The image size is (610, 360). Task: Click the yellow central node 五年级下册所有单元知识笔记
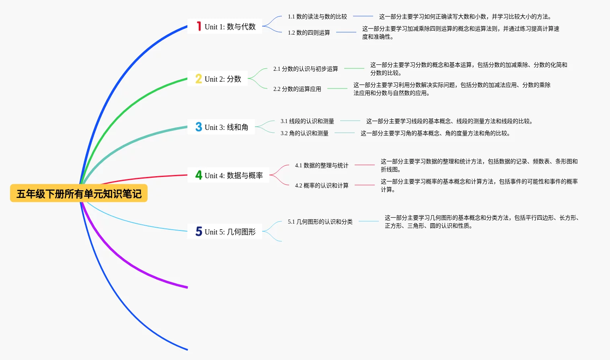(x=79, y=193)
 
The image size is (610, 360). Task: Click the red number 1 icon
(x=199, y=27)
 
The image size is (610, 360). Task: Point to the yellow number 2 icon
(x=199, y=79)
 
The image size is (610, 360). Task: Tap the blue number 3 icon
(x=199, y=127)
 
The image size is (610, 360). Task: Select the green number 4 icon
(x=199, y=175)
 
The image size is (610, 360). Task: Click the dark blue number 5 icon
(x=199, y=231)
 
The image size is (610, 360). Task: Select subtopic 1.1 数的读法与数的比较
(x=317, y=16)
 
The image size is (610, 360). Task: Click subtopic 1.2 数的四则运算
(x=309, y=33)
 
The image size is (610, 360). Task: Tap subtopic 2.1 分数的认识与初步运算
(x=306, y=69)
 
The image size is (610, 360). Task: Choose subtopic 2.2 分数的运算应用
(x=297, y=89)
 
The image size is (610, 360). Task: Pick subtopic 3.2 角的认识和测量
(x=304, y=133)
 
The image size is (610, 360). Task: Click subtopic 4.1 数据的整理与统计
(x=322, y=165)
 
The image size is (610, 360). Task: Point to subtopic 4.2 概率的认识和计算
(x=322, y=185)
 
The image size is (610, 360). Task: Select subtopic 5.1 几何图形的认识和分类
(x=320, y=222)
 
